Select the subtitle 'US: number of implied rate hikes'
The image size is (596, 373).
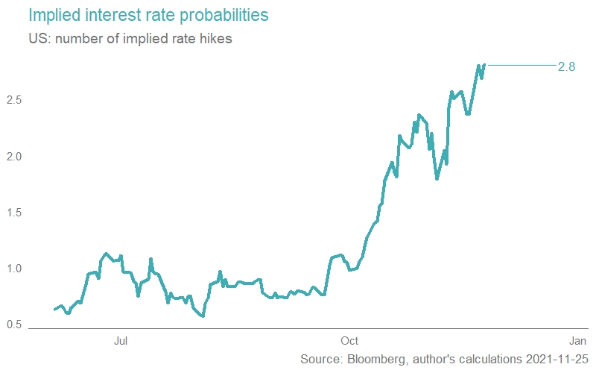tap(130, 40)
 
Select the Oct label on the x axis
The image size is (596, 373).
tap(349, 342)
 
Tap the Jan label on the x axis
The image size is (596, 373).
tap(575, 342)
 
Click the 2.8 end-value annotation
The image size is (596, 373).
tap(566, 66)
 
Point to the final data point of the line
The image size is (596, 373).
tap(484, 65)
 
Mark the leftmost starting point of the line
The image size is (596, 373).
tap(54, 309)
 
